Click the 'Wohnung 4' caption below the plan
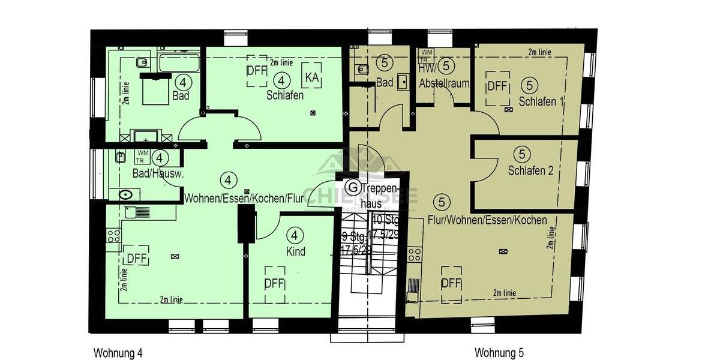pos(118,352)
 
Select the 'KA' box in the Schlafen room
pos(312,77)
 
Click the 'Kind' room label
pos(295,251)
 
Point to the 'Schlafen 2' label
pos(530,170)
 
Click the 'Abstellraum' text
pos(445,83)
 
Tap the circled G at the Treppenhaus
pos(354,188)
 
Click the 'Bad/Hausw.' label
pos(158,174)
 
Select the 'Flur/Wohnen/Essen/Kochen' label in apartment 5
pos(487,220)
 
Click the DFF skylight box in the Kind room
pos(274,282)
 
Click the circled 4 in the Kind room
pos(295,236)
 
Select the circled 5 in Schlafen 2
pos(521,154)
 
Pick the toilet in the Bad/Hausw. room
pos(127,194)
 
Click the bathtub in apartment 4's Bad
pos(178,62)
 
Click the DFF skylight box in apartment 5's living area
pos(451,283)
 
